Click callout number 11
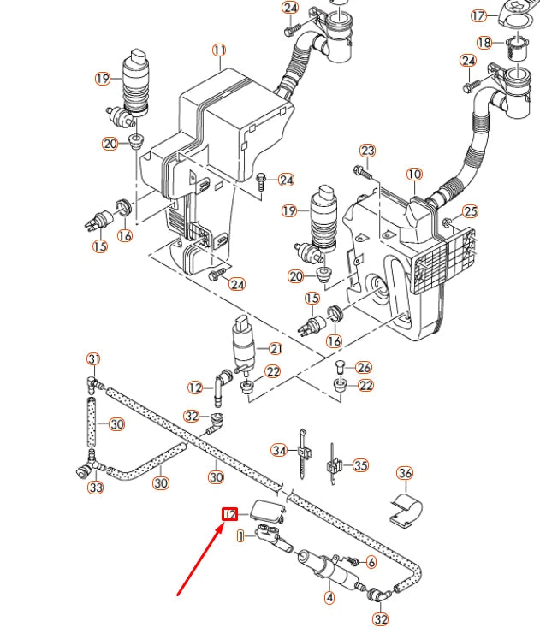coord(219,50)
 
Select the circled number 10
coord(414,175)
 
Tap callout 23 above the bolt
coord(367,151)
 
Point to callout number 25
coord(470,211)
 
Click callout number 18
coord(484,43)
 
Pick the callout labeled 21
coord(276,348)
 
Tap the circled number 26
coord(365,368)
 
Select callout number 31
coord(94,358)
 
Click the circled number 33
coord(96,488)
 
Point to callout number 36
coord(405,473)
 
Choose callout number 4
coord(329,598)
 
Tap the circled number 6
coord(371,562)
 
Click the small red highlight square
coord(229,514)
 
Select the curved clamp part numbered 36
coord(406,508)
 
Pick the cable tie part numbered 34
coord(302,452)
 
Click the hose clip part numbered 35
coord(335,466)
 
